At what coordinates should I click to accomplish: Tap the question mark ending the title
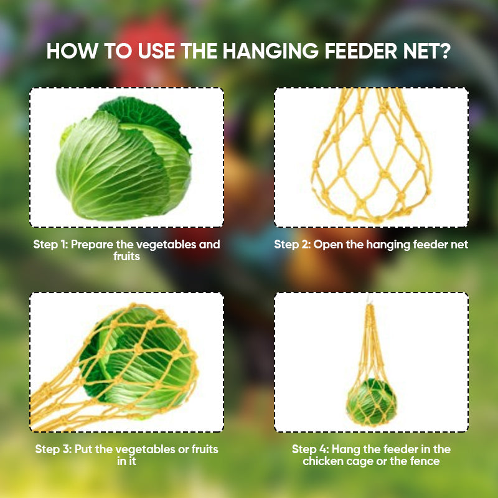pyautogui.click(x=444, y=51)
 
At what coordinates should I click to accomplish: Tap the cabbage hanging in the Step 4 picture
pyautogui.click(x=372, y=402)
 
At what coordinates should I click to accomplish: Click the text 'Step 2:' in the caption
pyautogui.click(x=292, y=244)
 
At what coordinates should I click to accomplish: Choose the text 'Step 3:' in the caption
pyautogui.click(x=53, y=449)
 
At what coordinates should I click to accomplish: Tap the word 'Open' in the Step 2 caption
pyautogui.click(x=328, y=244)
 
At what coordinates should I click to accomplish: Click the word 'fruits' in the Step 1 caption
pyautogui.click(x=126, y=256)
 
